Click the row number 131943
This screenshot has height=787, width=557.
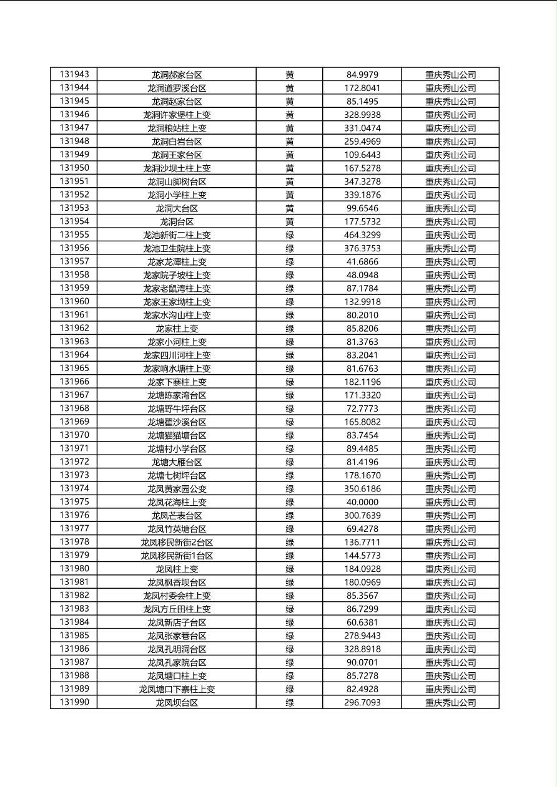74,74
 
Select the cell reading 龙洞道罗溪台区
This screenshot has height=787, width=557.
177,88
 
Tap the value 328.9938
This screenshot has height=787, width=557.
362,115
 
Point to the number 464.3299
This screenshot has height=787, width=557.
362,235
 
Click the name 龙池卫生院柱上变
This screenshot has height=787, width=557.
177,248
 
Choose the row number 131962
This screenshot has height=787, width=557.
74,328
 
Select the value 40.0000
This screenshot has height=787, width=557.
362,502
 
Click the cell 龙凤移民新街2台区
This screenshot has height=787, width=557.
177,542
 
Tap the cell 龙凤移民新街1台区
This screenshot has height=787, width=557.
177,556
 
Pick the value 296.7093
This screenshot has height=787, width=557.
362,702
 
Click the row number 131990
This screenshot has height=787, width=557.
74,702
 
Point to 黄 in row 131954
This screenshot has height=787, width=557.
290,221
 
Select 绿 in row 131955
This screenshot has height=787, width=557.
290,235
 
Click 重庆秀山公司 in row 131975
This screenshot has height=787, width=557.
450,502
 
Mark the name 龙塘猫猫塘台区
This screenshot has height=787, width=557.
177,435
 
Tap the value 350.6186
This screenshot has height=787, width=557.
362,489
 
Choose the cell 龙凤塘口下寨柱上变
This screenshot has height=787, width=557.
177,689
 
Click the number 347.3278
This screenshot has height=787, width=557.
362,181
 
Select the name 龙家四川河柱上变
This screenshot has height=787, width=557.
177,355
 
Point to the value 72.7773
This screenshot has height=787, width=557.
362,408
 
